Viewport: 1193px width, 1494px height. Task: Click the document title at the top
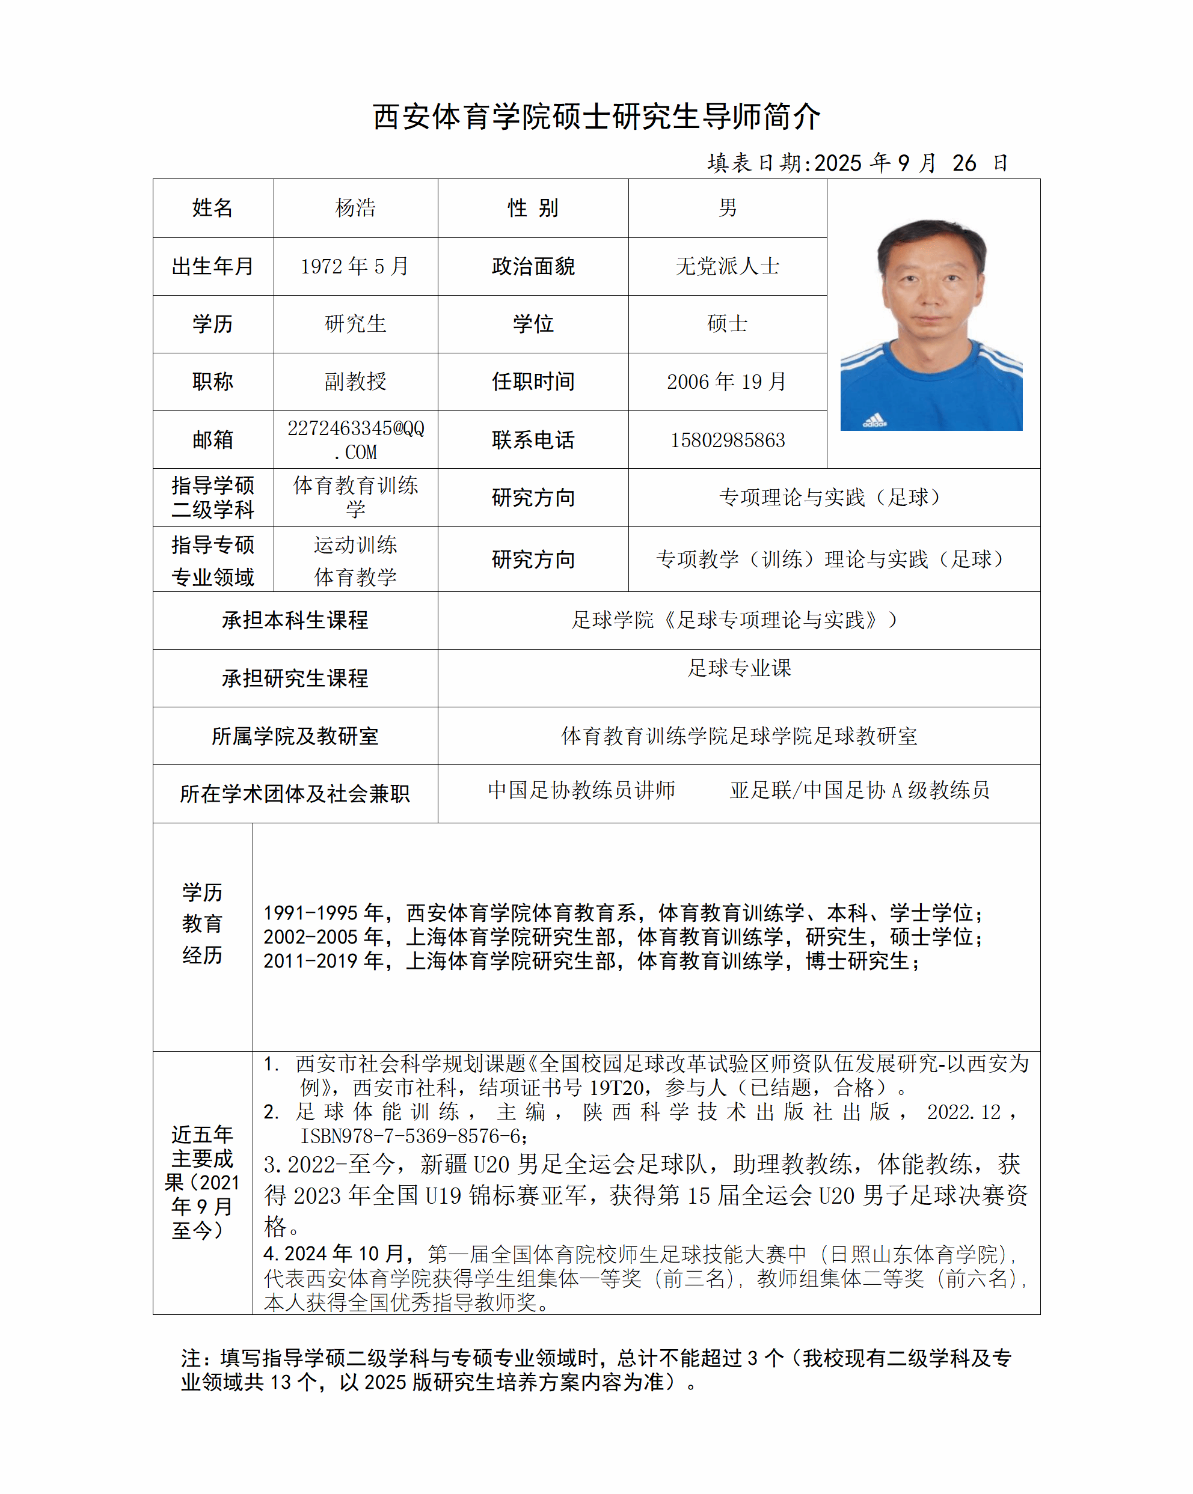596,117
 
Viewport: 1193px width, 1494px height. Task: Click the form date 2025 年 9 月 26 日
857,163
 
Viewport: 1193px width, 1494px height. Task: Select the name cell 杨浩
355,208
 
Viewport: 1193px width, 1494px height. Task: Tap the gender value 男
727,208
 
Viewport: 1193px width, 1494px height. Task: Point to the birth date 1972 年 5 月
355,266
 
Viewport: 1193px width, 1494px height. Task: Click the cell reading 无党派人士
727,266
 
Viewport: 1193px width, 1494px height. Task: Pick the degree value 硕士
727,323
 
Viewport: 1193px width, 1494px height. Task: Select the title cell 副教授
355,381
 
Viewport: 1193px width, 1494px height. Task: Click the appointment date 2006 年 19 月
727,381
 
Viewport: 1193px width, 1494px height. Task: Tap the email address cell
355,440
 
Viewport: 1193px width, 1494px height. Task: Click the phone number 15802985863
727,440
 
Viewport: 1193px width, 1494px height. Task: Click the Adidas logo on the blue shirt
875,420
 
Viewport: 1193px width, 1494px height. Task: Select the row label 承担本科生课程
295,620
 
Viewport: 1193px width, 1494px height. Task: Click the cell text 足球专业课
739,668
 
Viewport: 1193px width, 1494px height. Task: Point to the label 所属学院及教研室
295,736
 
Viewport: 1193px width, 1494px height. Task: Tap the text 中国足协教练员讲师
581,790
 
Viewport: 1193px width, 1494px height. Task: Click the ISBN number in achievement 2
413,1136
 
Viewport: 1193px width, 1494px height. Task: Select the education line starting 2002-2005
622,937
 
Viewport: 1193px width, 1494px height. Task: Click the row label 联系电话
533,440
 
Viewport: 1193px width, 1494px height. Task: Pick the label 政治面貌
533,266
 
